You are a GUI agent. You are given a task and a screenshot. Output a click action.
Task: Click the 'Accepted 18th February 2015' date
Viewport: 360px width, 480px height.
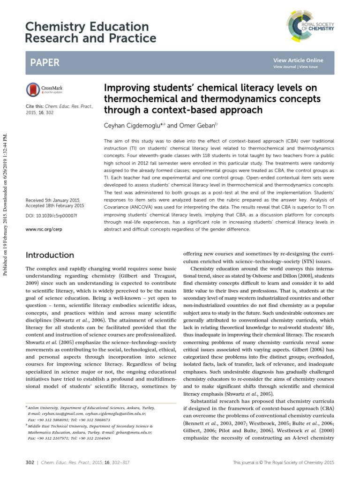point(55,206)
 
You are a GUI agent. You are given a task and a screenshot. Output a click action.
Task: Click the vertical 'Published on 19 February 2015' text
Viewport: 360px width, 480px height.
point(7,187)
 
